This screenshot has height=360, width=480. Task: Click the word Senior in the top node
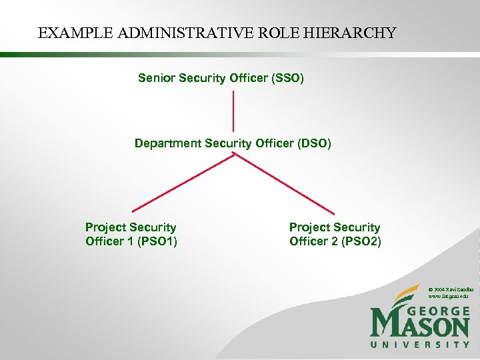coord(155,79)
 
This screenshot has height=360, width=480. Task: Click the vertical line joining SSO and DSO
coord(233,111)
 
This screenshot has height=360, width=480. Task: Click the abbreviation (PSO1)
coord(157,241)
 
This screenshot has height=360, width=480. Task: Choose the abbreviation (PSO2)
coord(361,241)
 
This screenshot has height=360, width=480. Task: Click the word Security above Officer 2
coord(357,227)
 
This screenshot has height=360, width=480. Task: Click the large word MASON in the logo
coord(420,327)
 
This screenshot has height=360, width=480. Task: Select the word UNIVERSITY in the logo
coord(420,345)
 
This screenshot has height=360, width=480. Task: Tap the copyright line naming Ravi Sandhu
coord(451,288)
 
